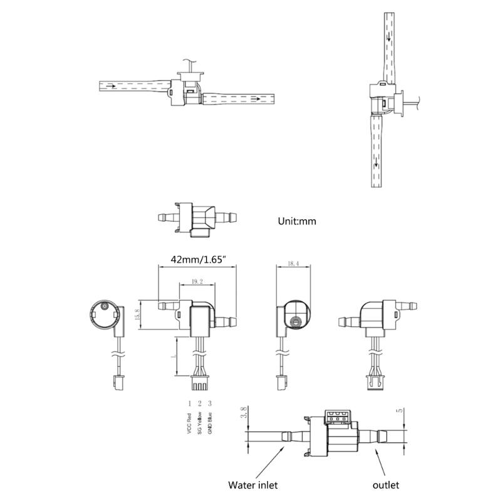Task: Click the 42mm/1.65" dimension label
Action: click(196, 259)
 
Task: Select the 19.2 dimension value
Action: click(197, 282)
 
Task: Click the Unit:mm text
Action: click(297, 221)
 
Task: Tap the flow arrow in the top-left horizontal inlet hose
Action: click(113, 86)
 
